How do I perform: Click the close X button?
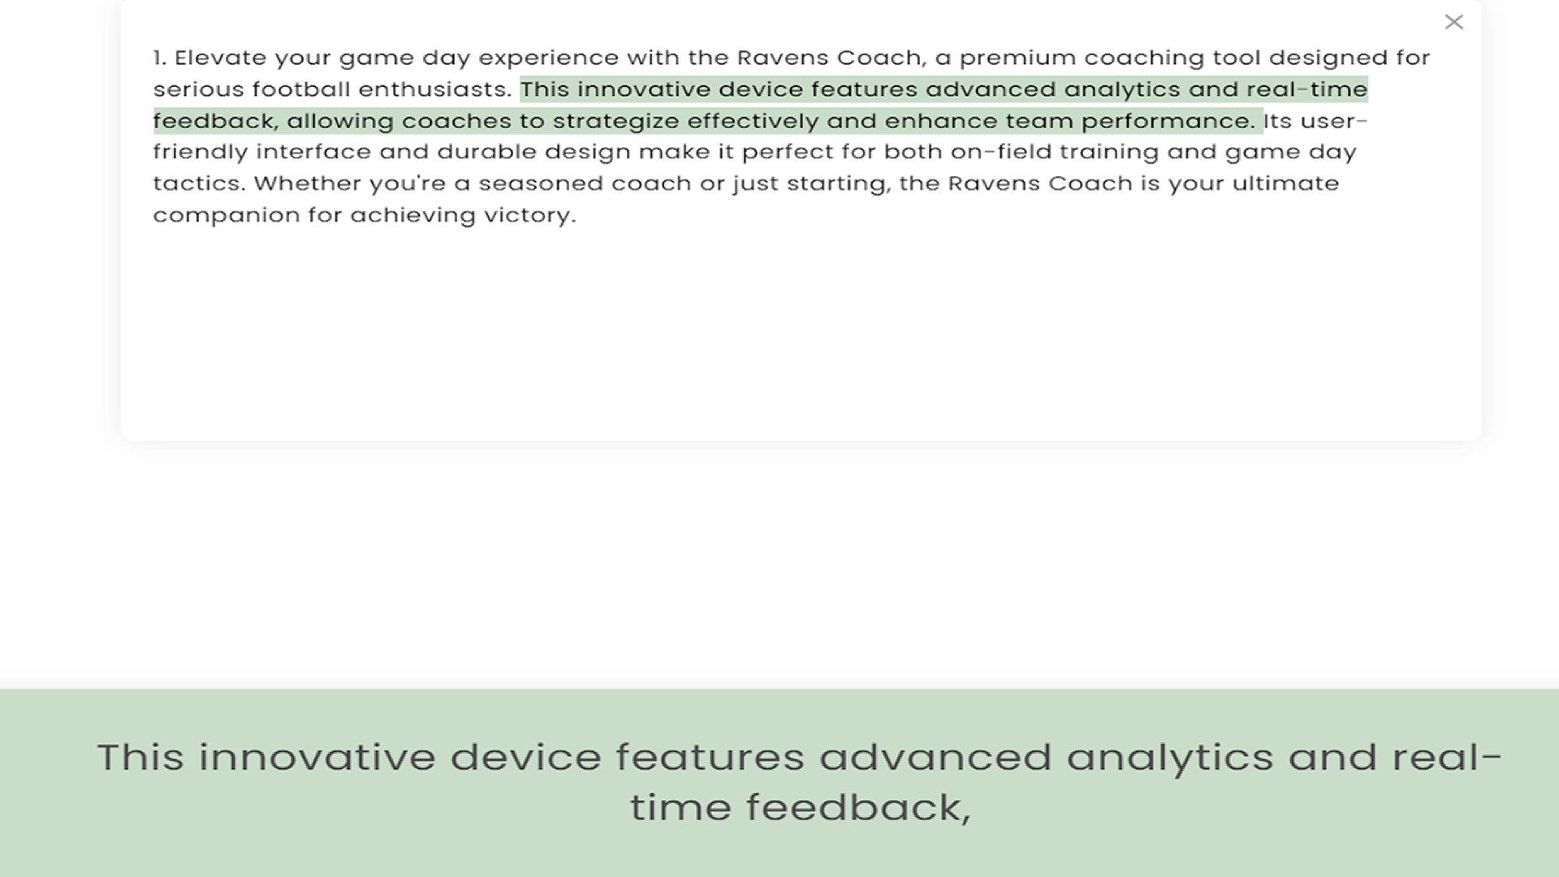(x=1453, y=22)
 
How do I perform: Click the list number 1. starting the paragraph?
(x=159, y=58)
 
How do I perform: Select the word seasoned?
(x=540, y=184)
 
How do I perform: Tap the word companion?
(x=226, y=216)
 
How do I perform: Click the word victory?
(x=530, y=216)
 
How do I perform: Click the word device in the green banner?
(x=526, y=757)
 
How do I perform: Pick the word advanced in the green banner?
(x=935, y=757)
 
